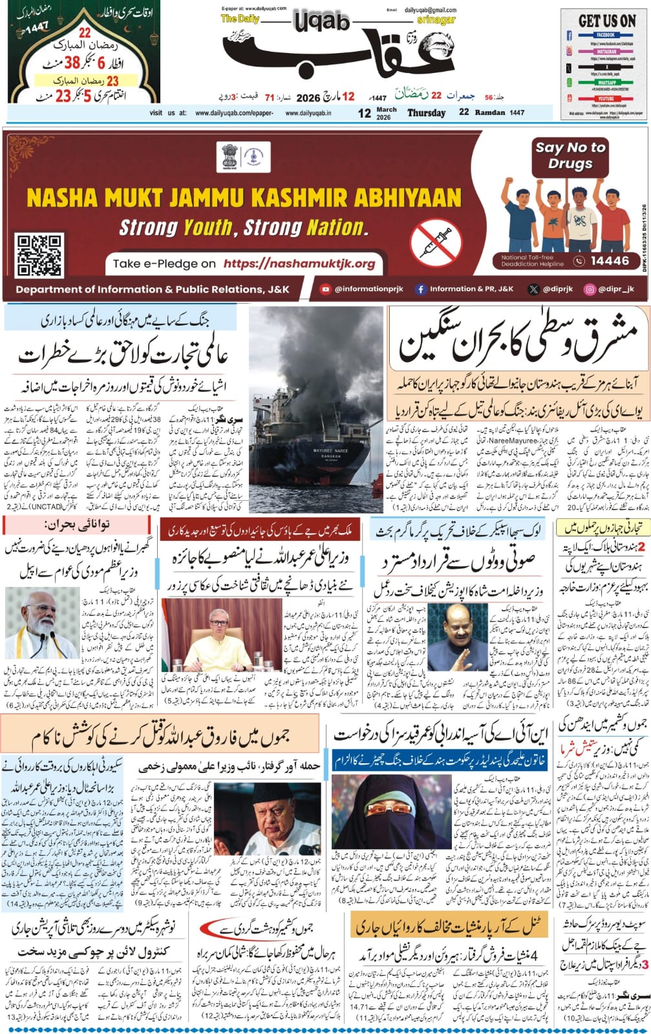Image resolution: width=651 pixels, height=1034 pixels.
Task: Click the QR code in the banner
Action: click(x=39, y=255)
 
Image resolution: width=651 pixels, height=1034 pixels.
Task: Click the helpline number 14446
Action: click(x=609, y=261)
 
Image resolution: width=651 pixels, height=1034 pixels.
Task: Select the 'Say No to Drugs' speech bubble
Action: click(x=570, y=155)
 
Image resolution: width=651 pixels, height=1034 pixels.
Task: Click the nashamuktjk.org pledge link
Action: click(x=299, y=264)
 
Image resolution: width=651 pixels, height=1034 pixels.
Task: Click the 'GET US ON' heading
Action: click(x=606, y=20)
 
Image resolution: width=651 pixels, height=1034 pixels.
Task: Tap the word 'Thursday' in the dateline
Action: click(x=426, y=112)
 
